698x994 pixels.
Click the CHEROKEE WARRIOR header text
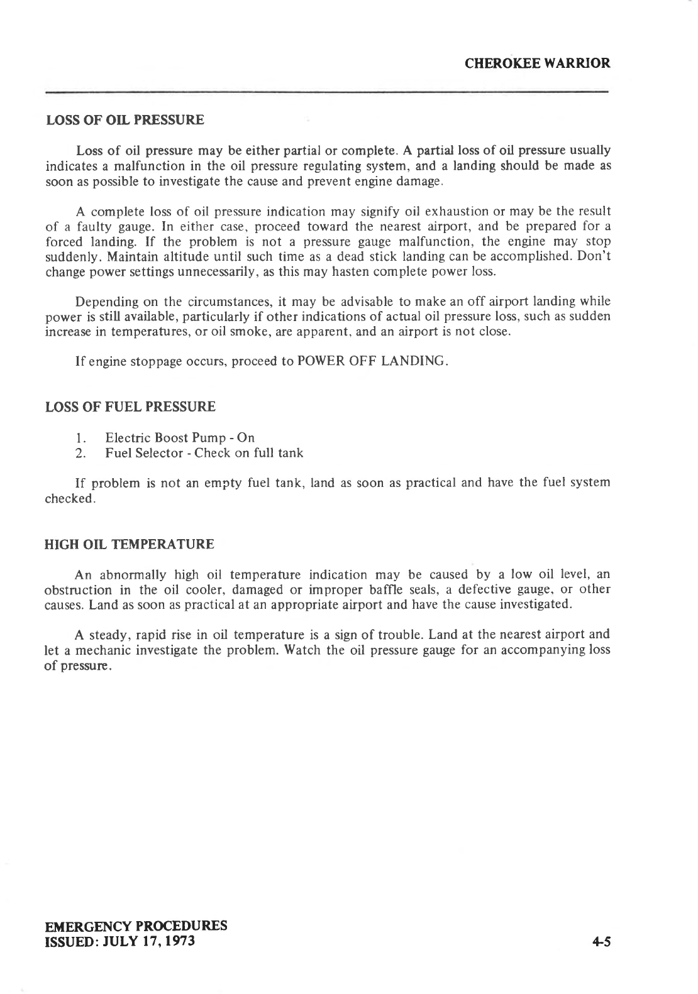pyautogui.click(x=537, y=63)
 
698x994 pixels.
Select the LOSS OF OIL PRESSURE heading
pyautogui.click(x=125, y=120)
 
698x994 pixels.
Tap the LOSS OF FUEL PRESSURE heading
pyautogui.click(x=131, y=407)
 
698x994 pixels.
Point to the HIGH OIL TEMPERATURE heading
pyautogui.click(x=130, y=544)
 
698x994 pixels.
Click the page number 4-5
pyautogui.click(x=601, y=941)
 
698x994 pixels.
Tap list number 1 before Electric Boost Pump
pyautogui.click(x=80, y=438)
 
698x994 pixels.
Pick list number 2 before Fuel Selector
pyautogui.click(x=80, y=453)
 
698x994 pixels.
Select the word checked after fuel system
pyautogui.click(x=70, y=498)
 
